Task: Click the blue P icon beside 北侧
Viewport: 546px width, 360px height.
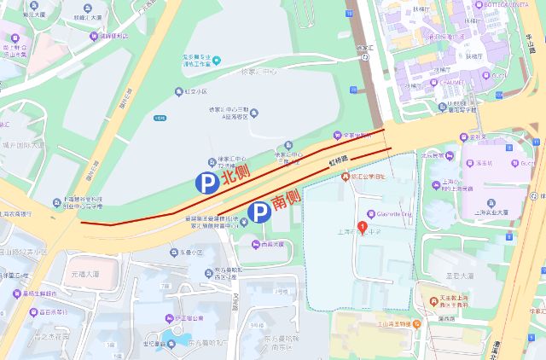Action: pos(205,181)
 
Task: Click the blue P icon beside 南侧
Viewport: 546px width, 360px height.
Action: pos(257,212)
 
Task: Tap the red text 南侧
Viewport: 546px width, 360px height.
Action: pos(287,200)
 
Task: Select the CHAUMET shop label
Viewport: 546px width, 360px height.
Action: pos(439,83)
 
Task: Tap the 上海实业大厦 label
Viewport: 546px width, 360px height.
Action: pos(492,212)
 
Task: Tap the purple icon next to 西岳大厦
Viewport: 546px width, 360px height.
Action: pos(256,244)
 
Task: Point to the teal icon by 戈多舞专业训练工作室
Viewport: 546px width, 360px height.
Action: pos(216,60)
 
